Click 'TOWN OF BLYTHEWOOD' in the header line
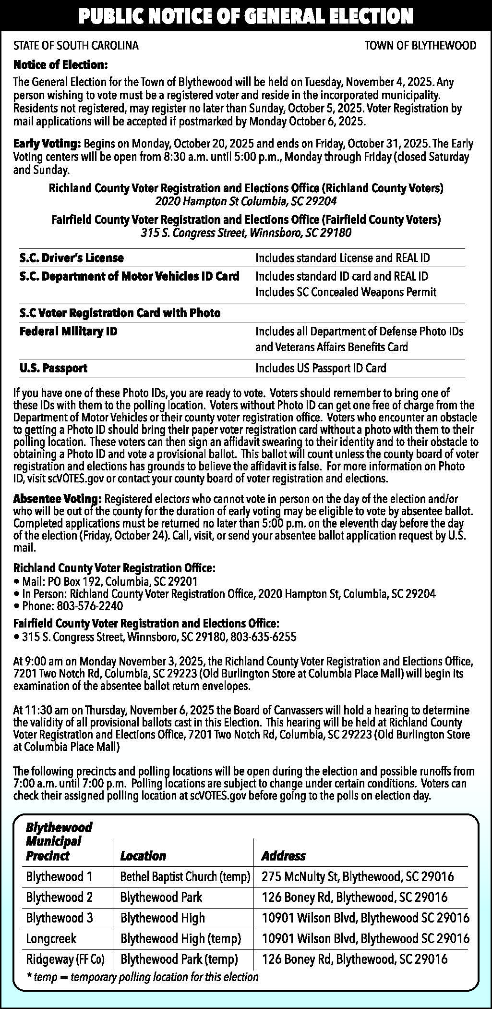[420, 46]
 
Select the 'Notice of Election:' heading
[60, 65]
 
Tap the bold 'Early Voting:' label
[47, 144]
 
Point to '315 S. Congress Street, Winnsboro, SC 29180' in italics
[246, 234]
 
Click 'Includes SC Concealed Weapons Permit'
[346, 292]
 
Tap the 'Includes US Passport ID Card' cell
[321, 369]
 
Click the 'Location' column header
[143, 856]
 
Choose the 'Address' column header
[283, 856]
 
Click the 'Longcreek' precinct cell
[51, 938]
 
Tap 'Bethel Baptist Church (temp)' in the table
[185, 877]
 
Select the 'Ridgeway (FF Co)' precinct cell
[65, 959]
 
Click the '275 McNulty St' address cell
[358, 877]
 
